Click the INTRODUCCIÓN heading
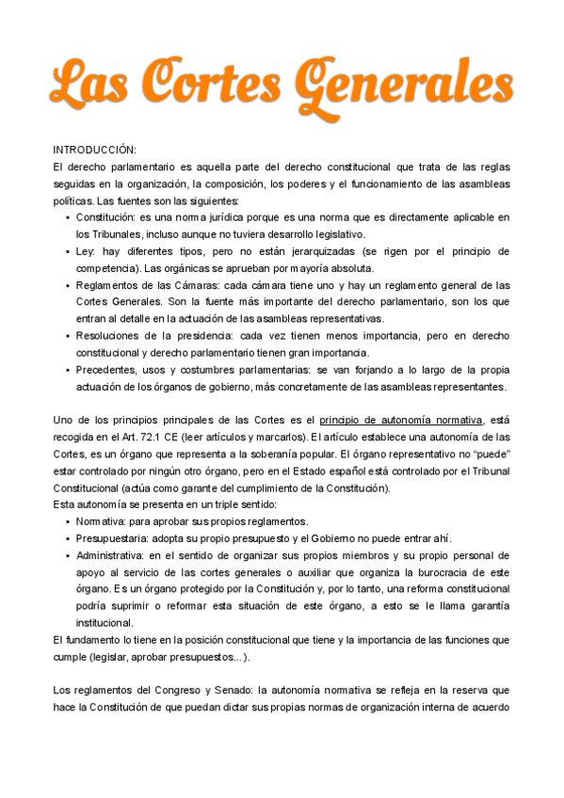94,151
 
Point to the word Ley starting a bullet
86,251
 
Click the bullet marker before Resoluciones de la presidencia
68,336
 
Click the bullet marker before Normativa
68,521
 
